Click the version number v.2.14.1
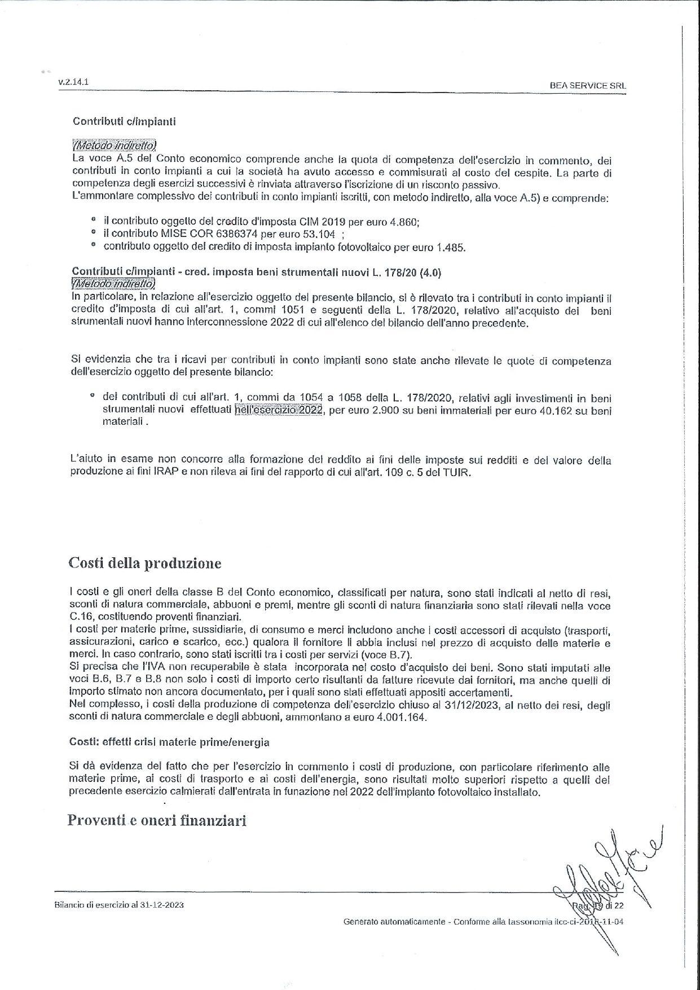click(x=73, y=82)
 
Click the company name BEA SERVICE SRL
click(x=588, y=86)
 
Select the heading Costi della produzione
click(x=145, y=563)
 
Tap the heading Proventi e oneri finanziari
click(x=157, y=820)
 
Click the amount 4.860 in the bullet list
click(x=405, y=222)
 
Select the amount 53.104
click(x=320, y=234)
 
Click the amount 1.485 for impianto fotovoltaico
click(x=451, y=247)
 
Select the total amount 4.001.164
click(x=400, y=718)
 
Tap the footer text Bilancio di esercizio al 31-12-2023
click(x=119, y=905)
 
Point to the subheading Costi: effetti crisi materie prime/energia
click(x=169, y=742)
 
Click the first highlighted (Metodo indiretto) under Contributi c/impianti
click(x=115, y=146)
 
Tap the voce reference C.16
click(x=82, y=616)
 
